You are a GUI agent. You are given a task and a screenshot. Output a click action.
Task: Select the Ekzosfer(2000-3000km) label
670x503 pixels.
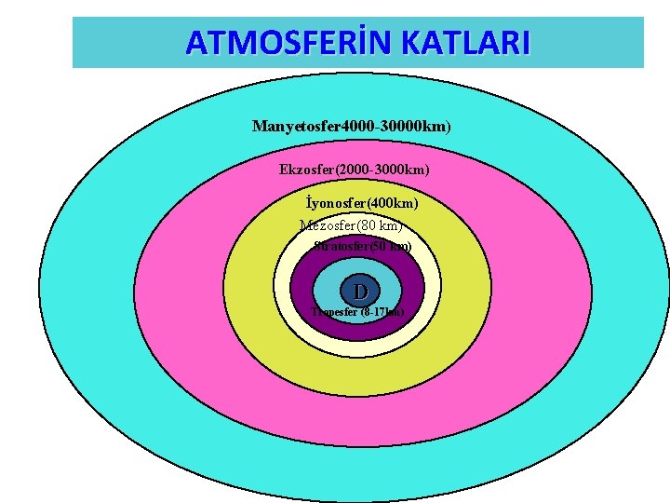(354, 170)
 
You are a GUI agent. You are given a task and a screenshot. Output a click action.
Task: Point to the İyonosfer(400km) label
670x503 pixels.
(362, 202)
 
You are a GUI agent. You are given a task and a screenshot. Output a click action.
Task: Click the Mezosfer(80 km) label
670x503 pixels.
(351, 224)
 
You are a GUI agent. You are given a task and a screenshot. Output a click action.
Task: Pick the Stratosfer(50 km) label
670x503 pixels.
(362, 247)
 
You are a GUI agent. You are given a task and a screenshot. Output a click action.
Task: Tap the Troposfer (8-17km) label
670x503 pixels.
(357, 312)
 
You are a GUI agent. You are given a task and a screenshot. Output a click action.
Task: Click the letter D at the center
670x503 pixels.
(359, 290)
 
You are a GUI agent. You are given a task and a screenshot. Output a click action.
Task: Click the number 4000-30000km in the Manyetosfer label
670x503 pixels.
(395, 126)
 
